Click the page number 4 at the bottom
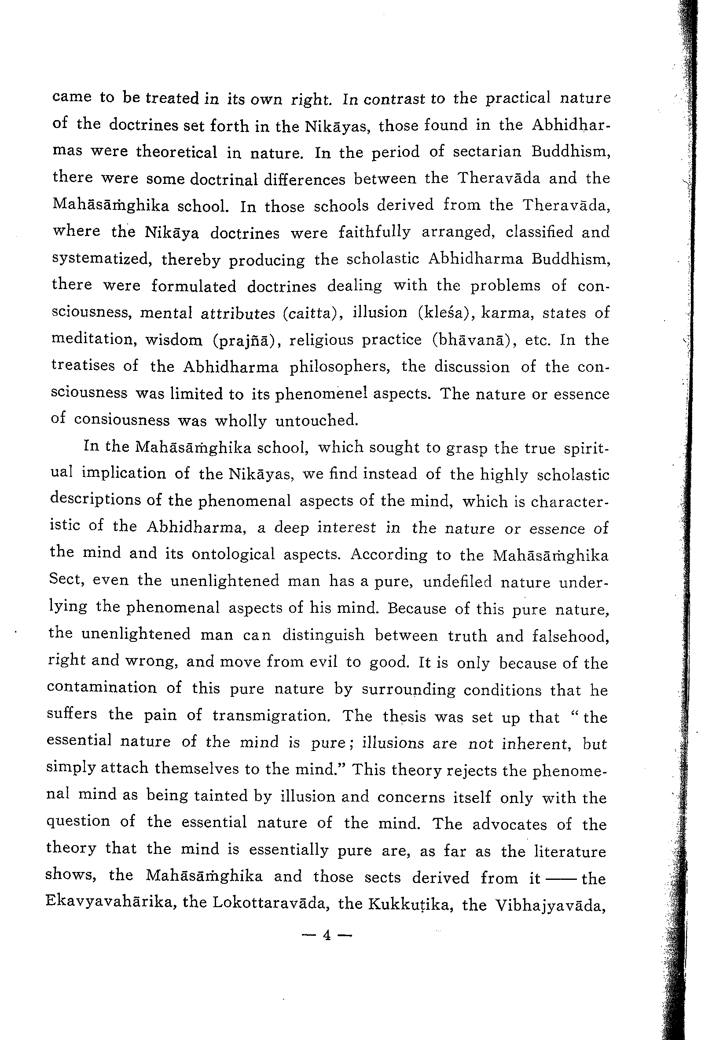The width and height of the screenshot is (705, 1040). [327, 934]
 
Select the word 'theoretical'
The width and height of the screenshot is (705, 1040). [176, 152]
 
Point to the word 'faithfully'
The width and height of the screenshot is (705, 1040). [374, 232]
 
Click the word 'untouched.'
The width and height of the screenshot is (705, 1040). [317, 421]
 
